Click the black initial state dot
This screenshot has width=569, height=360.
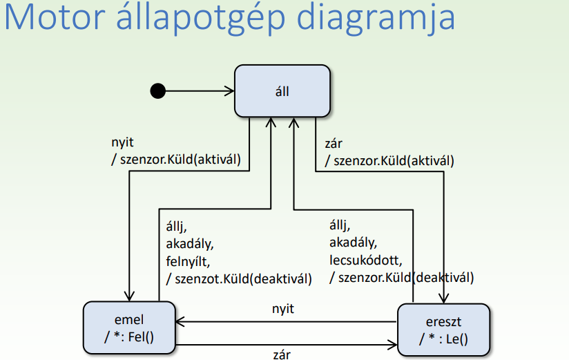[158, 91]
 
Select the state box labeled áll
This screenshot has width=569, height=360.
[282, 91]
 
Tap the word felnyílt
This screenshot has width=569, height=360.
[187, 263]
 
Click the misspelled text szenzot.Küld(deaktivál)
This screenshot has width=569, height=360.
[238, 279]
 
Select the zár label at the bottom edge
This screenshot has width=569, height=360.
[282, 354]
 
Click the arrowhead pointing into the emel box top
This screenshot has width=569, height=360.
[129, 296]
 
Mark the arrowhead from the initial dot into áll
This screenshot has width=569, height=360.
[230, 91]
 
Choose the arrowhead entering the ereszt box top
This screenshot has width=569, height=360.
[443, 299]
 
